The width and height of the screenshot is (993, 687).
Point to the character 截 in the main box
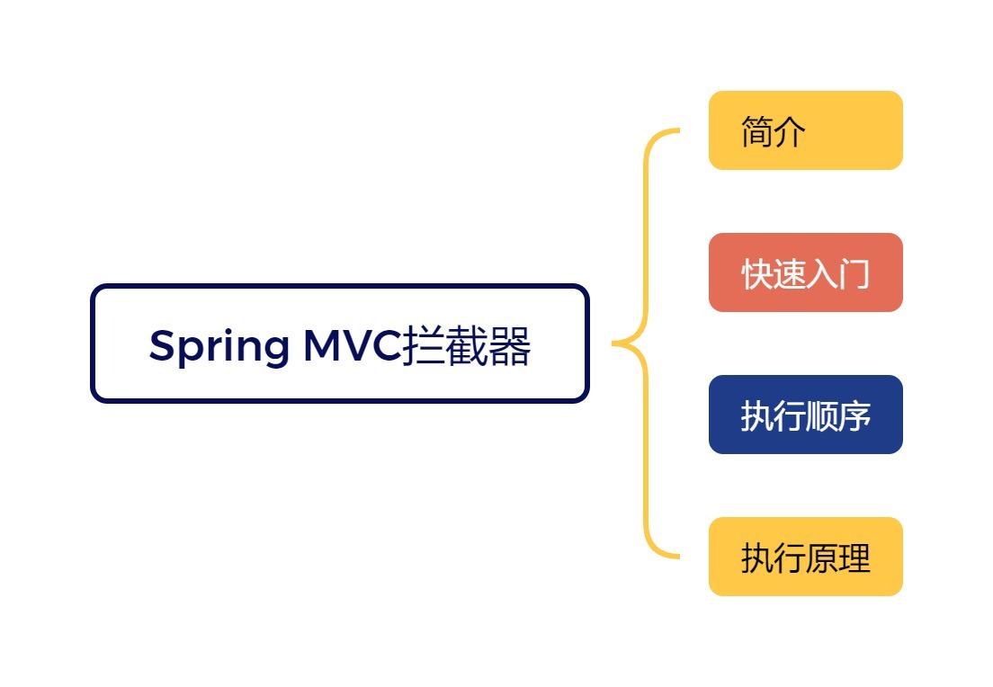click(x=467, y=346)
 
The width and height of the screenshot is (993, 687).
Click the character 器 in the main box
click(x=510, y=346)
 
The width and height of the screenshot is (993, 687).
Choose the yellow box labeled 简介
click(x=805, y=130)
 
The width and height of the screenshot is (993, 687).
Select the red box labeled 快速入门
click(x=805, y=272)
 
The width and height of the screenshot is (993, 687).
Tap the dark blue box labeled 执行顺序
click(x=805, y=415)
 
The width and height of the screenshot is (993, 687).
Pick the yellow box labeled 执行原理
click(x=805, y=557)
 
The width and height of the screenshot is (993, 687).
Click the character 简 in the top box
click(x=757, y=132)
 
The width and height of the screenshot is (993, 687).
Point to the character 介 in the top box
click(x=790, y=132)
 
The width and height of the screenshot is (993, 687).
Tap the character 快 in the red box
click(x=757, y=274)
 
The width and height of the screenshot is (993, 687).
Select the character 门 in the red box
click(x=854, y=274)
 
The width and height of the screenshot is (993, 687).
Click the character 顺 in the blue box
click(x=822, y=416)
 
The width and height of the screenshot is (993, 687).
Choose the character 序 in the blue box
click(x=854, y=416)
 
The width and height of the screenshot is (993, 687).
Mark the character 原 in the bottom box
click(x=822, y=558)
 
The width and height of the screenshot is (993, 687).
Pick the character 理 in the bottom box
click(x=854, y=558)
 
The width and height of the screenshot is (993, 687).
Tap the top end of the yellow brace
click(x=675, y=131)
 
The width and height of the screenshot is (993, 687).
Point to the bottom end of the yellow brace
click(x=675, y=556)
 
